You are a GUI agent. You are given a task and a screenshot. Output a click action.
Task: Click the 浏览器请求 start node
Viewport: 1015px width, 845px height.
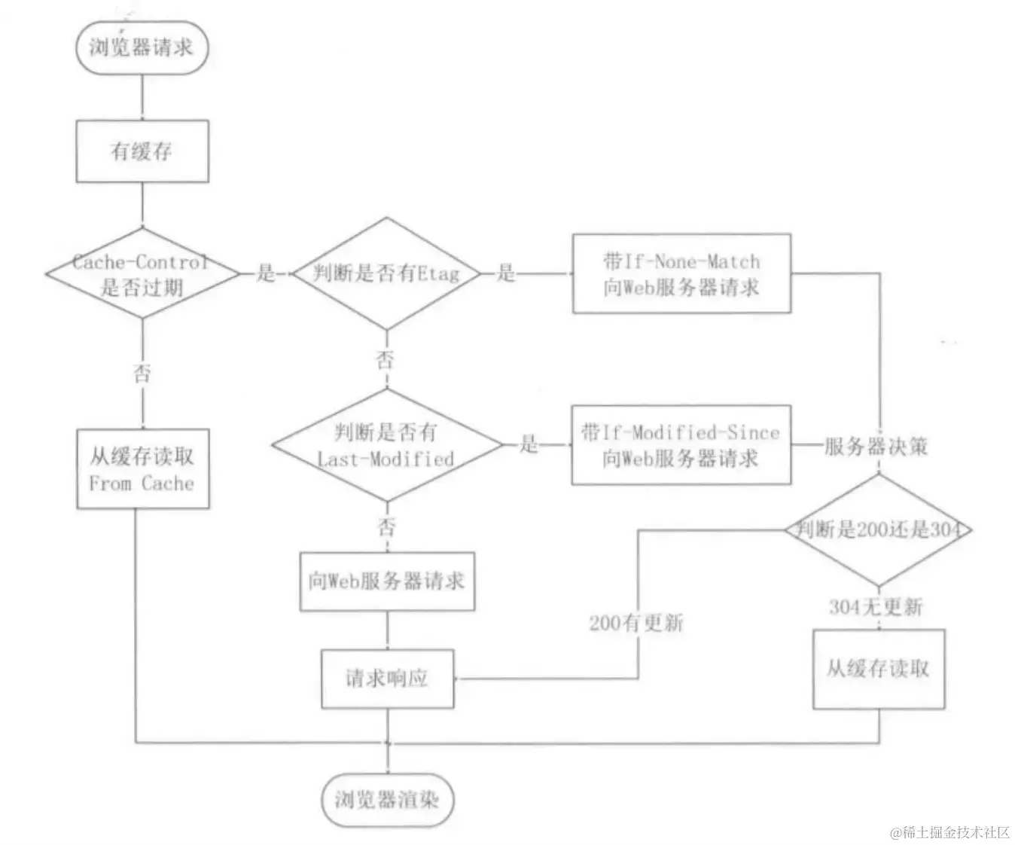(142, 47)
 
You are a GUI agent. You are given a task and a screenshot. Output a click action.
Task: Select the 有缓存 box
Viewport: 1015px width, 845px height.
(142, 151)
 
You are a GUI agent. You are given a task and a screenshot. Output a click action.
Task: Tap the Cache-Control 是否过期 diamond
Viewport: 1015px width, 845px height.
(142, 274)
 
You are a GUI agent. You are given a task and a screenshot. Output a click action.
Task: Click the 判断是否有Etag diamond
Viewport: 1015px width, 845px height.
(386, 273)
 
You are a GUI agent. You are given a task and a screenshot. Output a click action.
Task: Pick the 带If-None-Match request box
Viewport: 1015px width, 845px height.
(681, 273)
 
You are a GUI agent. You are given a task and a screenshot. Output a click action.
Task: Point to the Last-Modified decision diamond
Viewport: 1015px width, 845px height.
(386, 445)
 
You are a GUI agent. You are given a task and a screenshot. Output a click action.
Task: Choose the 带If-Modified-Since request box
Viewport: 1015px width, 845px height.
(681, 444)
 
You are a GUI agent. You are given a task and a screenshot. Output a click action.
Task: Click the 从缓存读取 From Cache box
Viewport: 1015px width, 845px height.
(142, 469)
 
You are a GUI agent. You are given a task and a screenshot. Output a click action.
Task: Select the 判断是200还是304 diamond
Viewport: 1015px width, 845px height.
(878, 529)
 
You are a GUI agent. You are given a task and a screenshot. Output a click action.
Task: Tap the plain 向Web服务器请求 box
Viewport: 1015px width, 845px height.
(387, 581)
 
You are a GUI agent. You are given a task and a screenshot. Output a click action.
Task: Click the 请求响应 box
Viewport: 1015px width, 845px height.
(387, 679)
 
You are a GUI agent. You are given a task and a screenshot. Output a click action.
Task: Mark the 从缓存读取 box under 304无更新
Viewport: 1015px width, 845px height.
(878, 669)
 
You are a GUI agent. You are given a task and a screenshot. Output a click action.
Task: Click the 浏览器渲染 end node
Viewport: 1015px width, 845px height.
(386, 799)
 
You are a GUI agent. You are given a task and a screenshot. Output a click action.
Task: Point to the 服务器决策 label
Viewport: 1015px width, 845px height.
(876, 446)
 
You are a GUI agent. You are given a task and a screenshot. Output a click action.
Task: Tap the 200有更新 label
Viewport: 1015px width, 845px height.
(636, 623)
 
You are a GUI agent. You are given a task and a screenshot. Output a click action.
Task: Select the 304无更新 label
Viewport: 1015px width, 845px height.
(876, 606)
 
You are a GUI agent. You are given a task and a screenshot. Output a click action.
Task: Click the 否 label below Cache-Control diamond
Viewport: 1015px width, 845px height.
(142, 373)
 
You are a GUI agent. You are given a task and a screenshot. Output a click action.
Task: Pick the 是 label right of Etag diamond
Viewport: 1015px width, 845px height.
(506, 273)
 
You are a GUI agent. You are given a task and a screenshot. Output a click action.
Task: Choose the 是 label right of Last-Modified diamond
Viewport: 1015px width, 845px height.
(529, 444)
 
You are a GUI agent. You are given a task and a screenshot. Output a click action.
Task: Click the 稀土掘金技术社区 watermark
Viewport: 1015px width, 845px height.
(949, 831)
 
